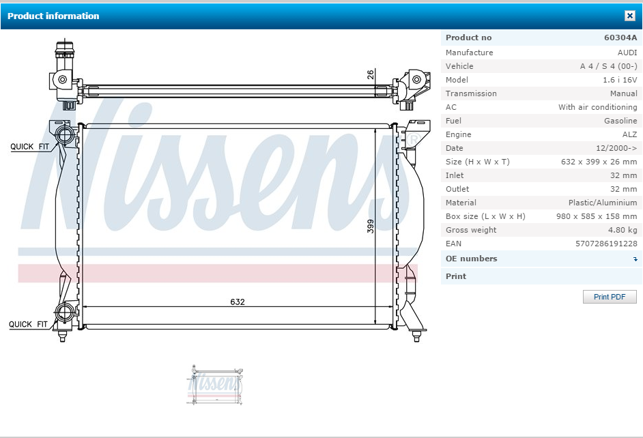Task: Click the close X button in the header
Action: pyautogui.click(x=629, y=16)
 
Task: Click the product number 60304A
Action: pyautogui.click(x=620, y=38)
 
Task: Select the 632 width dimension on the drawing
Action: pyautogui.click(x=238, y=302)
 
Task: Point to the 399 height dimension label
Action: pyautogui.click(x=370, y=227)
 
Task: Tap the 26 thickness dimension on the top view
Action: pyautogui.click(x=370, y=74)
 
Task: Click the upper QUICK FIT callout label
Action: pyautogui.click(x=29, y=147)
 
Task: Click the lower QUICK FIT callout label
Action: pyautogui.click(x=28, y=325)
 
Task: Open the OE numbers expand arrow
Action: pyautogui.click(x=635, y=259)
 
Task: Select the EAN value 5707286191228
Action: pyautogui.click(x=606, y=244)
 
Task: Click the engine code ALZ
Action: pyautogui.click(x=629, y=134)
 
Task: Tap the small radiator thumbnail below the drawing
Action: pyautogui.click(x=214, y=384)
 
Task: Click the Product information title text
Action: pyautogui.click(x=53, y=16)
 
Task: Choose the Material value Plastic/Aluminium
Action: pyautogui.click(x=603, y=203)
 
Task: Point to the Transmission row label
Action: pyautogui.click(x=471, y=93)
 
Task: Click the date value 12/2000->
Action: pyautogui.click(x=616, y=148)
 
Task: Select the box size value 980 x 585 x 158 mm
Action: pyautogui.click(x=597, y=216)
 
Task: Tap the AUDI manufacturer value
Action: pyautogui.click(x=627, y=53)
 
